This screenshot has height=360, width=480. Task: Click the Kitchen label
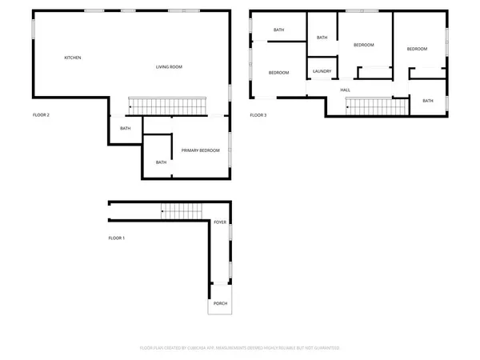pos(73,58)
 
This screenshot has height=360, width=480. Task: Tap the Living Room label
pos(169,66)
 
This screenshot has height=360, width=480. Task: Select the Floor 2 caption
pos(41,115)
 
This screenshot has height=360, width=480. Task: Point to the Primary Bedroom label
pos(200,150)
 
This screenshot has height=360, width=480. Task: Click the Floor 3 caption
pos(258,115)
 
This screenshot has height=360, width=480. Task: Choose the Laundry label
pos(322,71)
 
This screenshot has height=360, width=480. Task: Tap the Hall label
pos(346,90)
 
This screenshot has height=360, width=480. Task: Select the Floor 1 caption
pos(117,238)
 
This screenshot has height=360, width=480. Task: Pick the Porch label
pos(219,304)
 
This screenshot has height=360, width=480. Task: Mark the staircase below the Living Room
pos(168,105)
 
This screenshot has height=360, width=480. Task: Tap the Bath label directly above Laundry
pos(322,38)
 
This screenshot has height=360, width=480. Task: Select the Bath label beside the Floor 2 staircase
pos(126,128)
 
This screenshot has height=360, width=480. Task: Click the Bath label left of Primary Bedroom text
pos(161,162)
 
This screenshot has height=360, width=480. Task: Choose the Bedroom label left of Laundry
pos(278,73)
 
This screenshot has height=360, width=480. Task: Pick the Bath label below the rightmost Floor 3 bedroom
pos(428,101)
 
